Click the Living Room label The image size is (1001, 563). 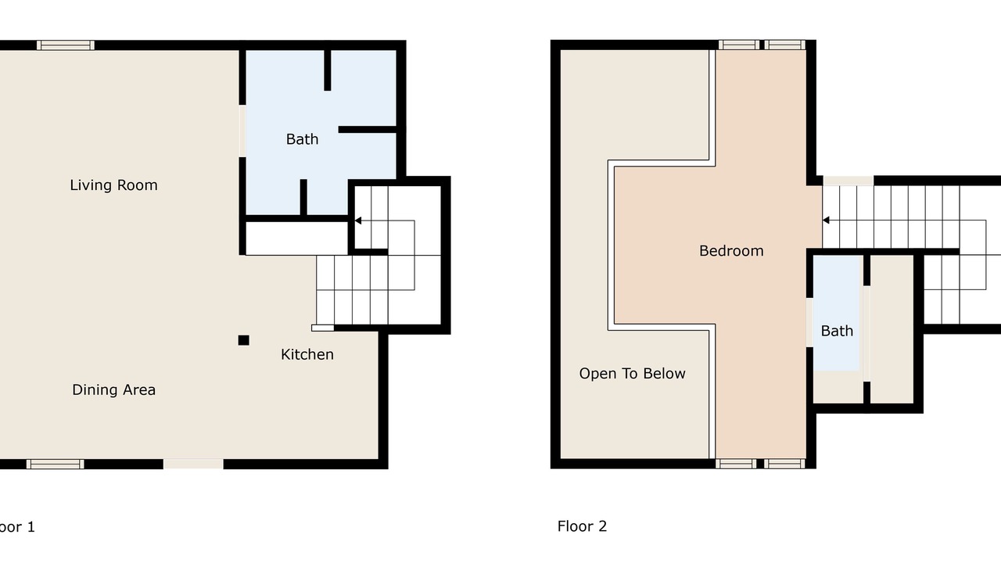pyautogui.click(x=113, y=185)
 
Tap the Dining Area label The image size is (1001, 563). pyautogui.click(x=113, y=389)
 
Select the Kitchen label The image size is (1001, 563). pyautogui.click(x=307, y=354)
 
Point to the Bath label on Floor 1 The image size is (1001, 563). pyautogui.click(x=302, y=139)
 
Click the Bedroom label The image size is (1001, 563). pyautogui.click(x=731, y=251)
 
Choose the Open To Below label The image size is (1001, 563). pyautogui.click(x=632, y=373)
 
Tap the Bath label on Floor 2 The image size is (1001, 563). pyautogui.click(x=837, y=331)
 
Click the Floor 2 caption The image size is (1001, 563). pyautogui.click(x=582, y=526)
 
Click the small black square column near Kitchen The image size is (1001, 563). pyautogui.click(x=243, y=340)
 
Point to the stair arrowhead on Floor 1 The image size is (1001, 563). pyautogui.click(x=358, y=221)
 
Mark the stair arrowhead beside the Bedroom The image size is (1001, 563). pyautogui.click(x=827, y=220)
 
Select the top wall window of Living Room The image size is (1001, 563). pyautogui.click(x=65, y=45)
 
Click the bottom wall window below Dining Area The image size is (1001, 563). pyautogui.click(x=55, y=464)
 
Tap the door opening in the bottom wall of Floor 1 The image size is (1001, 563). pyautogui.click(x=193, y=464)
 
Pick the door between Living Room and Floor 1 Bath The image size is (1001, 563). pyautogui.click(x=242, y=131)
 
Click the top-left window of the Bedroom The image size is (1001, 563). pyautogui.click(x=739, y=45)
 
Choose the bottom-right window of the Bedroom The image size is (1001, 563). pyautogui.click(x=784, y=464)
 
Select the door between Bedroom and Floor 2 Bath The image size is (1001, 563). pyautogui.click(x=809, y=322)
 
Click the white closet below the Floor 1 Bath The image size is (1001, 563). pyautogui.click(x=296, y=238)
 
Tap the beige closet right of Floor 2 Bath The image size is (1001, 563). pyautogui.click(x=892, y=329)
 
